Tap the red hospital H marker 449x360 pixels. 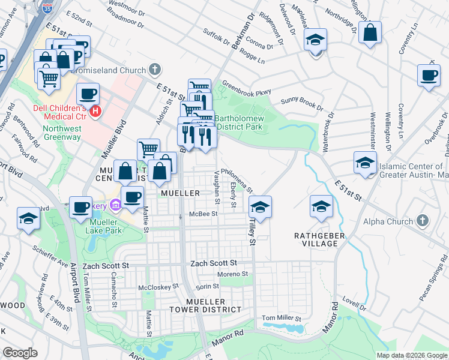point(94,111)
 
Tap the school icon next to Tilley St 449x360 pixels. point(260,207)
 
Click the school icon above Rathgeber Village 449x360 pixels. point(321,207)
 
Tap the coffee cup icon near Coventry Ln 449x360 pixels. point(429,75)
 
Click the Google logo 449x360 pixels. point(20,353)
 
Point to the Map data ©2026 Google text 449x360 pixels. point(411,355)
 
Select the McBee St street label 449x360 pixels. point(202,214)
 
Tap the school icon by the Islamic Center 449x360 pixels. point(364,163)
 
